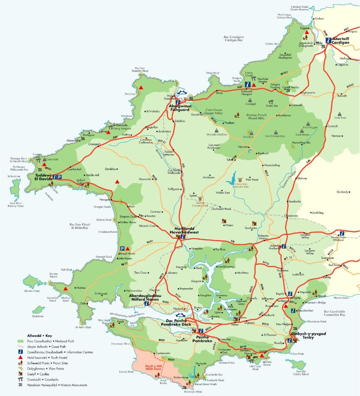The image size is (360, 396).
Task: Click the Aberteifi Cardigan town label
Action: coord(341,40)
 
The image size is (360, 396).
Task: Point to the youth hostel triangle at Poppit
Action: coord(307,32)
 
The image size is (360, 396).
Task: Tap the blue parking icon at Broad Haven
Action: coord(122,249)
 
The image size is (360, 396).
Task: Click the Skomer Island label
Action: coord(31,291)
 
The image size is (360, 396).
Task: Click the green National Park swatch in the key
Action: coord(21,341)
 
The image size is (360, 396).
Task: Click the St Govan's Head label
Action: coord(193,391)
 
